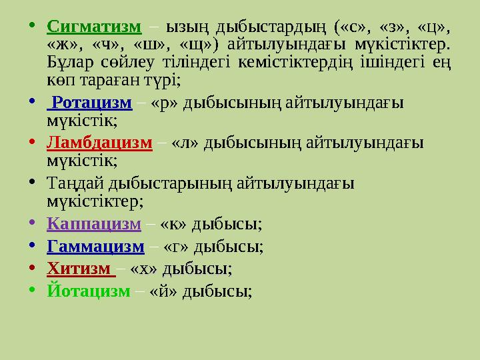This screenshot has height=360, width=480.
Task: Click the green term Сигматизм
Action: [95, 27]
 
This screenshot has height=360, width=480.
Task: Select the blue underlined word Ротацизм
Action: [92, 103]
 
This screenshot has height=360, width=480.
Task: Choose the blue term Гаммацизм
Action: [96, 247]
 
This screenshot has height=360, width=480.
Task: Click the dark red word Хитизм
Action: [79, 269]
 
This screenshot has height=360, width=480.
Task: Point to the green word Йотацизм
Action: [89, 291]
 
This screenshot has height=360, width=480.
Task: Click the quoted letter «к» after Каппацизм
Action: [175, 225]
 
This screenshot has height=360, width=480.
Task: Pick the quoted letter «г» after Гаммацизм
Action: [177, 247]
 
